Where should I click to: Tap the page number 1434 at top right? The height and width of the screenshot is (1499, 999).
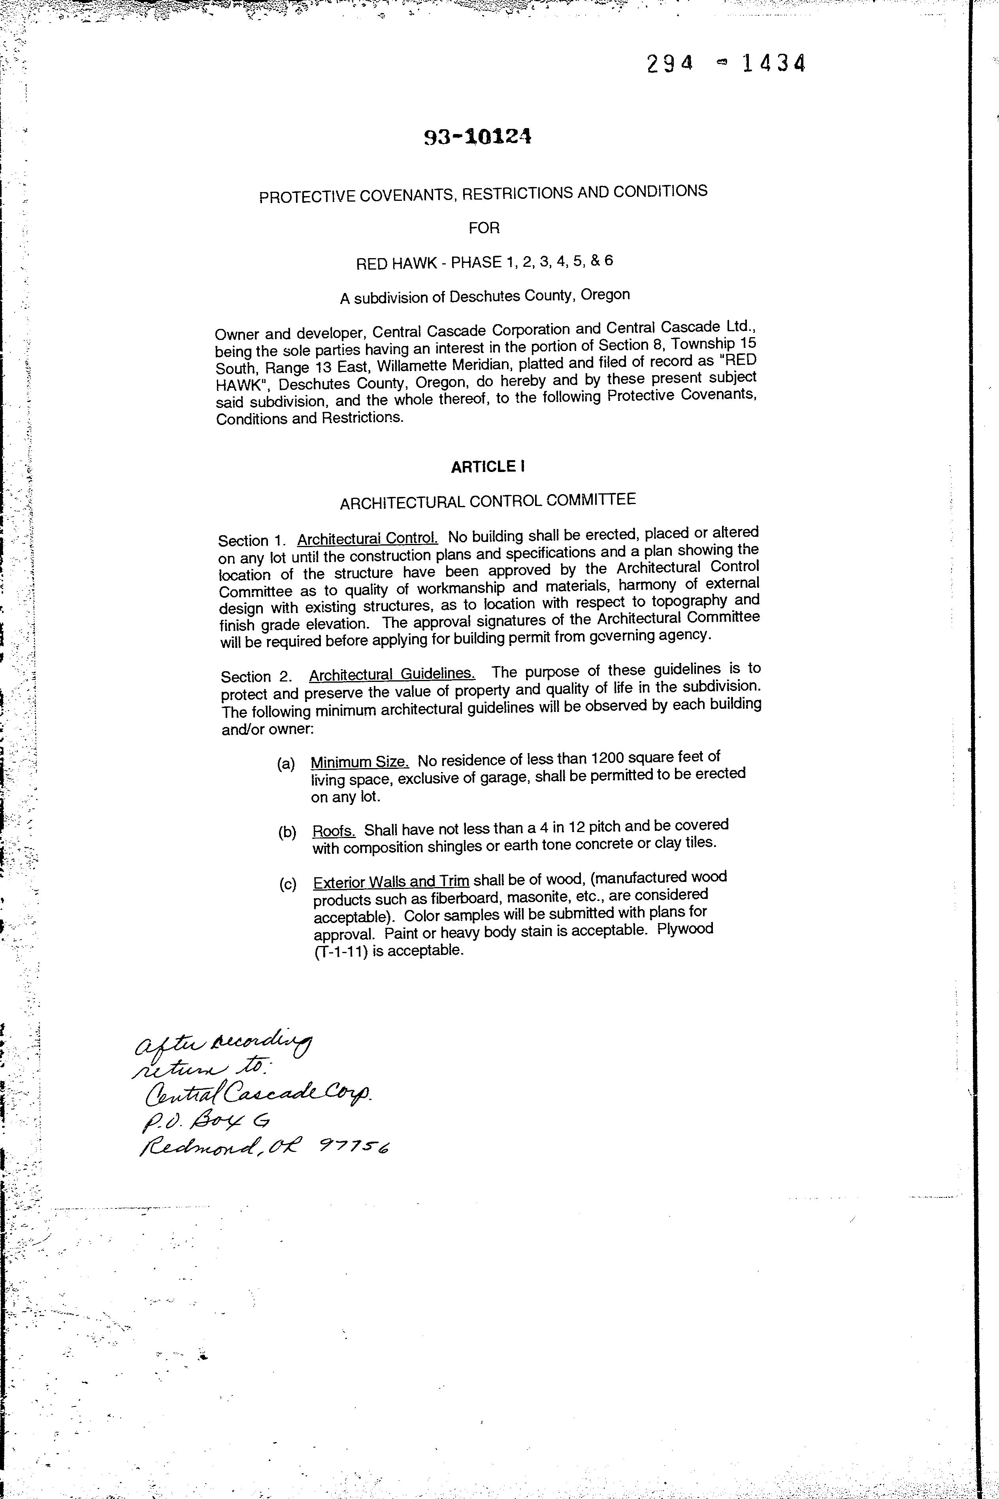[773, 64]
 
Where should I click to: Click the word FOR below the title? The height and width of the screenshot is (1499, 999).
[484, 228]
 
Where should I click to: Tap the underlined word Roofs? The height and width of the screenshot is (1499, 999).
[334, 831]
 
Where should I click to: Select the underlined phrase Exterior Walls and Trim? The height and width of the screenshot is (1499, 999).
[391, 882]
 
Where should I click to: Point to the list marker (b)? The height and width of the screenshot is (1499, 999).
[287, 833]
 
